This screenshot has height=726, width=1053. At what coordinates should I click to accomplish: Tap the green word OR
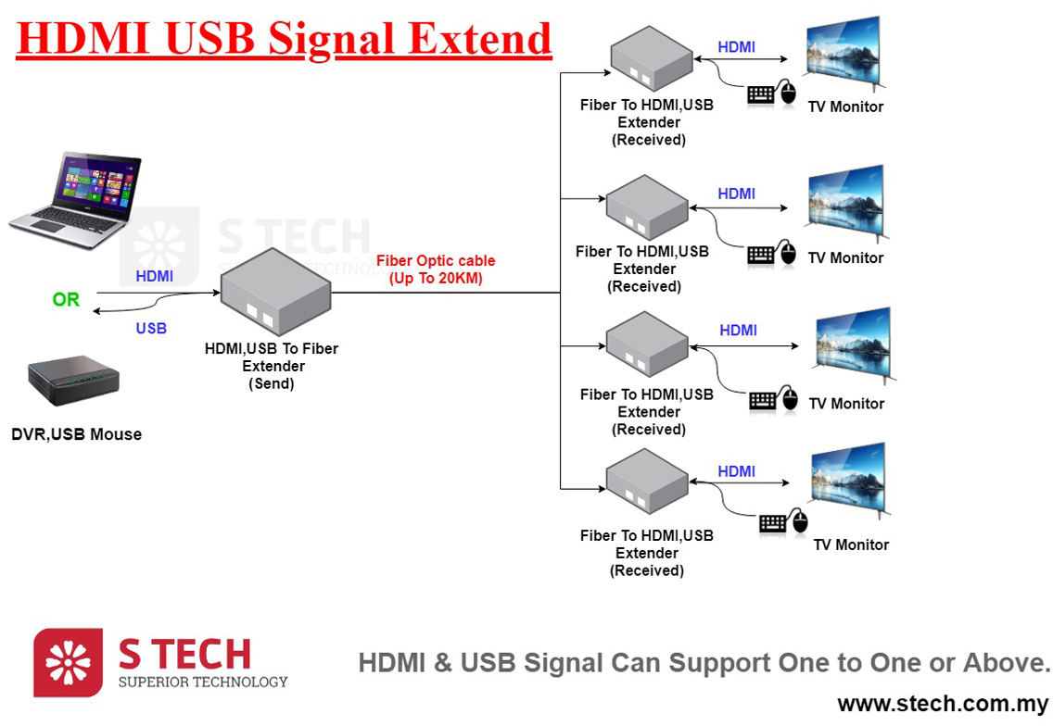tap(66, 300)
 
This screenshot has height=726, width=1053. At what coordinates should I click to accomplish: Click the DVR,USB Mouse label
tap(77, 434)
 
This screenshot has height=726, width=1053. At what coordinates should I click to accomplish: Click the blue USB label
tap(151, 329)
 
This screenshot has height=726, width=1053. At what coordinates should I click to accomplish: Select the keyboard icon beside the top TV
tap(761, 94)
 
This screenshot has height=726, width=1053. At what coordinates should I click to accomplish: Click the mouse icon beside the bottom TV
tap(798, 522)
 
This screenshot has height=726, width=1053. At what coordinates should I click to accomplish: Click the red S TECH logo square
tap(68, 663)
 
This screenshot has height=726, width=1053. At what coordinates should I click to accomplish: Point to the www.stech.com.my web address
tap(943, 704)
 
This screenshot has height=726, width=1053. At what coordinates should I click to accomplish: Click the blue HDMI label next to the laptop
tap(154, 276)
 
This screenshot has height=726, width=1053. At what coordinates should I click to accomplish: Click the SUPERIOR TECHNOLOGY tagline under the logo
tap(203, 682)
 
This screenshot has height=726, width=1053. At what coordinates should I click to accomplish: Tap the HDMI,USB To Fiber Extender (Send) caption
tap(272, 366)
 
